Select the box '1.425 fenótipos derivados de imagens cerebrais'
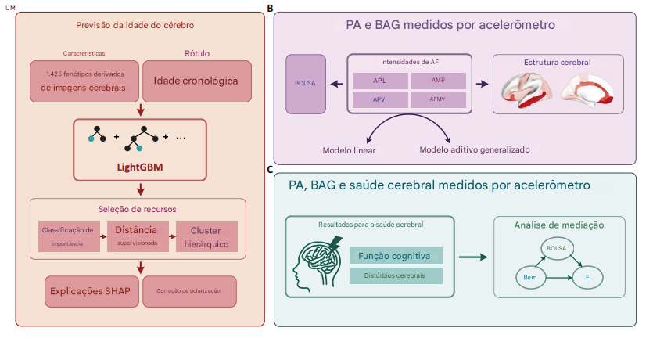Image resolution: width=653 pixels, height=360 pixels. pyautogui.click(x=84, y=81)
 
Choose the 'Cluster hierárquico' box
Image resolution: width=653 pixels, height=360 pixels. pyautogui.click(x=206, y=236)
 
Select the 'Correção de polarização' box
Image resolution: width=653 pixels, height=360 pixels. pyautogui.click(x=189, y=290)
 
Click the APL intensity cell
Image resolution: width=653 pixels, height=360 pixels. pyautogui.click(x=379, y=80)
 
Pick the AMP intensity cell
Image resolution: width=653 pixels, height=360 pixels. pyautogui.click(x=437, y=80)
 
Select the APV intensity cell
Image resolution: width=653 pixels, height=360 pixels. pyautogui.click(x=379, y=99)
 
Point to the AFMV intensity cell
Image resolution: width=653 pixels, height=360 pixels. pyautogui.click(x=437, y=99)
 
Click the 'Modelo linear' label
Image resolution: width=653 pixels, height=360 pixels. pyautogui.click(x=350, y=149)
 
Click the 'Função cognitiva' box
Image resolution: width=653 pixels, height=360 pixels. pyautogui.click(x=396, y=256)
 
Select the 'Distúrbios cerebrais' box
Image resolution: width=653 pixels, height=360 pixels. pyautogui.click(x=396, y=275)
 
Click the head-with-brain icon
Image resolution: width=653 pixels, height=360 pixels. pyautogui.click(x=319, y=261)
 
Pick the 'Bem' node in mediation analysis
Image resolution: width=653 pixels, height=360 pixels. pyautogui.click(x=530, y=277)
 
